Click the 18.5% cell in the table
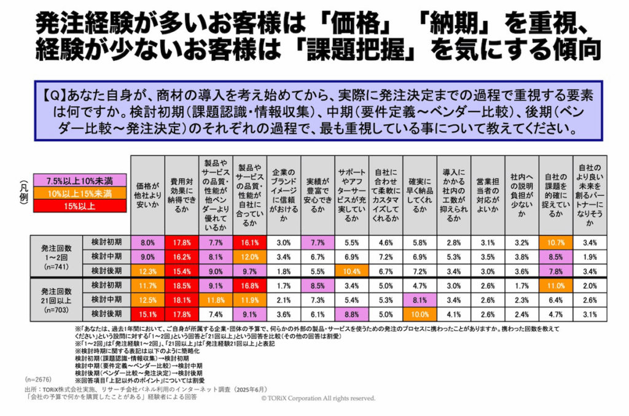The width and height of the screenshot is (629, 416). click(x=182, y=286)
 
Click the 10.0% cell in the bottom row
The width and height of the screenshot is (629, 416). click(x=420, y=314)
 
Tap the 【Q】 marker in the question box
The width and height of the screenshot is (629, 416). click(x=55, y=97)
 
